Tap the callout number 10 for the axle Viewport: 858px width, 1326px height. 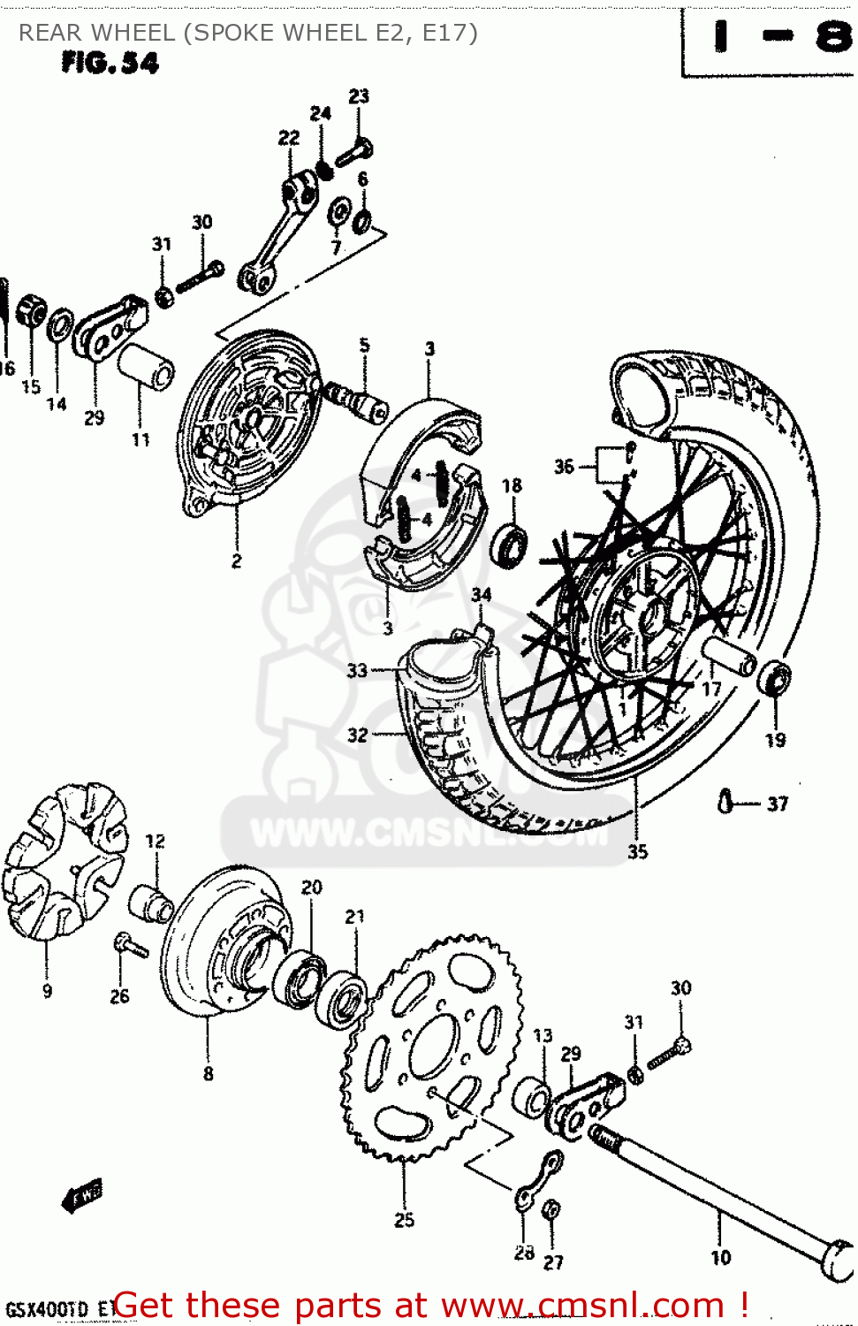point(721,1257)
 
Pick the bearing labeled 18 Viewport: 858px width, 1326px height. point(511,543)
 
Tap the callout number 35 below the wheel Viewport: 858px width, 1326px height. point(637,851)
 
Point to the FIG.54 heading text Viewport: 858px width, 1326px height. point(110,64)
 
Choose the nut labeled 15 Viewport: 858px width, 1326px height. point(32,309)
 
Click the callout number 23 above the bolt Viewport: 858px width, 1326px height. point(359,96)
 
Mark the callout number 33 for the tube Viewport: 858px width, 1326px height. point(356,670)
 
